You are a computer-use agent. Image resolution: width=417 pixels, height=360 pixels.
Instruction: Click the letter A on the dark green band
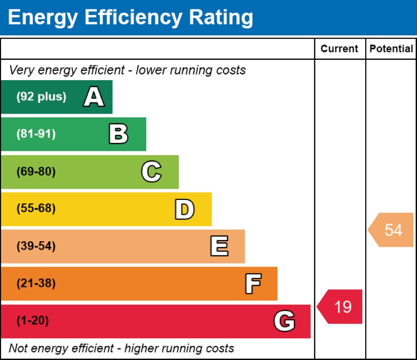[x=94, y=98]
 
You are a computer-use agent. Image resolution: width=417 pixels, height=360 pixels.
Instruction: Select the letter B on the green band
[x=118, y=134]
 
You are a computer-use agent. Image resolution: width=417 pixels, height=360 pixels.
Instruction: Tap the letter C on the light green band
[x=151, y=172]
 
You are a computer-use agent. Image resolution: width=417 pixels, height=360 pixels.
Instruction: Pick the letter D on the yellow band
[x=184, y=210]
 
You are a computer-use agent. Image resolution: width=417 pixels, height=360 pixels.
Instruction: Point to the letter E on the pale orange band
[x=219, y=246]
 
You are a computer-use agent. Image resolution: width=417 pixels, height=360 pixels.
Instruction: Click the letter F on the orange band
[x=253, y=284]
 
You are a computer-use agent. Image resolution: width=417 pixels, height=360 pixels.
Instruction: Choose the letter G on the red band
[x=284, y=321]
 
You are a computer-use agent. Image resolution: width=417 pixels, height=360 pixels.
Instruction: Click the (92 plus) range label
[x=41, y=97]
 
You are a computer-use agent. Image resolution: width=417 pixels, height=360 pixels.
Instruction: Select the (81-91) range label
[x=36, y=134]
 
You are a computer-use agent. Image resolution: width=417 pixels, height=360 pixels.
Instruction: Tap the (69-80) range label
[x=36, y=172]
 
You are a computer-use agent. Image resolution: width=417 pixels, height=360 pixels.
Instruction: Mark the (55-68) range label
[x=36, y=209]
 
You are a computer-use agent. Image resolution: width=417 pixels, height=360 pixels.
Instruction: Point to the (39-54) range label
[x=36, y=246]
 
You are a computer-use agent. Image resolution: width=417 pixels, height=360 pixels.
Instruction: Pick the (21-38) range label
[x=36, y=284]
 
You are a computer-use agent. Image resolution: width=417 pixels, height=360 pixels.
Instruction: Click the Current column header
[x=339, y=49]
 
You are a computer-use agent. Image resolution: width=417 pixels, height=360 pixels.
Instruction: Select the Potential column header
[x=391, y=49]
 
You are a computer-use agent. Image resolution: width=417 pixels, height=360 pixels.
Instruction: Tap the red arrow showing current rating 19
[x=341, y=307]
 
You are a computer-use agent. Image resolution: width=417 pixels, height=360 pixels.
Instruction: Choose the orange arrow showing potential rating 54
[x=392, y=230]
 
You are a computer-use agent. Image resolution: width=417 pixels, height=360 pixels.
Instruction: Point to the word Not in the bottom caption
[x=18, y=349]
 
